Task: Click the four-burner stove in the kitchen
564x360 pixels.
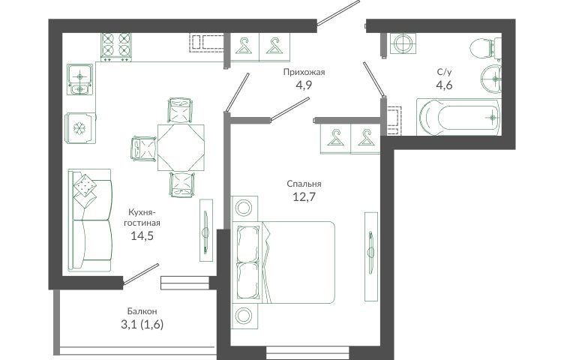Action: (x=115, y=46)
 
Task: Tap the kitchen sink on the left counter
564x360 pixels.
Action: (x=79, y=79)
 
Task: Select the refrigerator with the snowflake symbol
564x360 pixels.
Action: (x=80, y=128)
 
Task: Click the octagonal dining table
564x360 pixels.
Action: (x=181, y=148)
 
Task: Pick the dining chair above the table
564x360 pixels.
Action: (x=180, y=110)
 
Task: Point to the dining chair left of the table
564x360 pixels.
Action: (x=143, y=148)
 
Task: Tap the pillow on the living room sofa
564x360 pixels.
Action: (x=85, y=186)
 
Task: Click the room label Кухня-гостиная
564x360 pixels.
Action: (x=142, y=217)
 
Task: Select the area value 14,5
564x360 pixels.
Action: (x=142, y=236)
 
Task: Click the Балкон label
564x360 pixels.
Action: (x=142, y=311)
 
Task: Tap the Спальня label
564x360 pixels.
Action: (x=304, y=184)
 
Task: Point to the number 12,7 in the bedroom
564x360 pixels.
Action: (x=304, y=197)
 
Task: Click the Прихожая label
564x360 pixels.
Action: (x=304, y=72)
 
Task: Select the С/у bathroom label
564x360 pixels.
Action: (x=444, y=72)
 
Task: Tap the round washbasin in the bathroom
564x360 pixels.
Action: (x=491, y=79)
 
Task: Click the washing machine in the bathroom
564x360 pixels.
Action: (x=403, y=43)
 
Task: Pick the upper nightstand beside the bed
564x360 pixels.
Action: (x=244, y=208)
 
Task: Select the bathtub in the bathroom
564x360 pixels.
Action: (x=458, y=117)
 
